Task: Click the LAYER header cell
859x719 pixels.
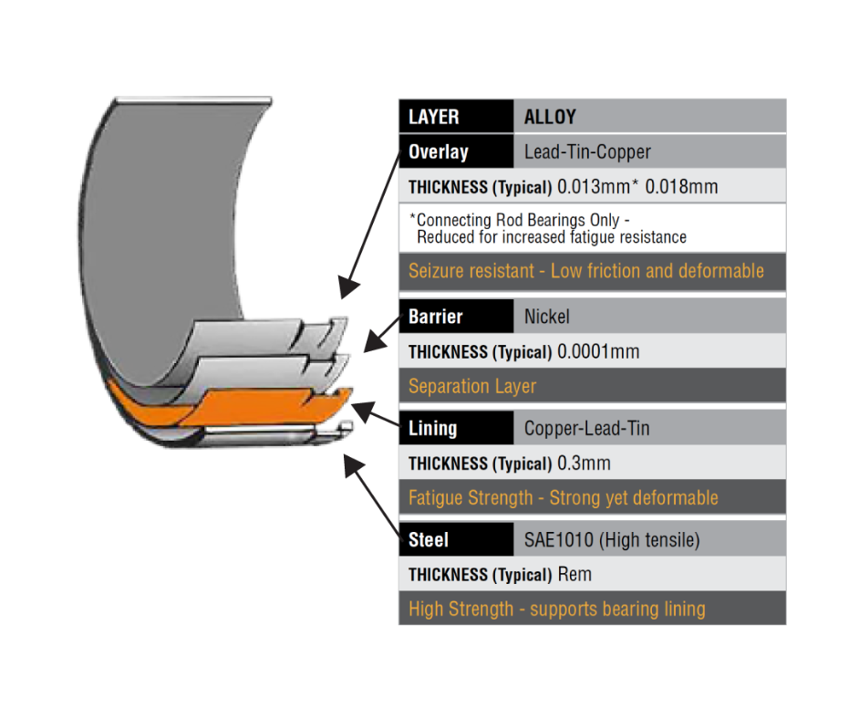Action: (x=455, y=117)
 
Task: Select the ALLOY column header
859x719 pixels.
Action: (x=550, y=117)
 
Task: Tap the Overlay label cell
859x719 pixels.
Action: (x=455, y=152)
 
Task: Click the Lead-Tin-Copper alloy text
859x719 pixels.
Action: (x=587, y=152)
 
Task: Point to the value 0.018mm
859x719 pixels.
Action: (x=681, y=188)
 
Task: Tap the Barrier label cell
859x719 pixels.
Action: (x=455, y=317)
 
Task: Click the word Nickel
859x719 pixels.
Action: (x=547, y=317)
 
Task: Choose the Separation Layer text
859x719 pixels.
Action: (x=472, y=386)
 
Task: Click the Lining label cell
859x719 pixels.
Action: (x=455, y=428)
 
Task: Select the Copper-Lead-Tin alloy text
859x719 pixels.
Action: (x=587, y=428)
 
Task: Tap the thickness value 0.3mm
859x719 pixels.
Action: (x=585, y=464)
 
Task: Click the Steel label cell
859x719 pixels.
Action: (x=455, y=540)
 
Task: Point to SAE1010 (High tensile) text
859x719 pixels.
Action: (x=612, y=540)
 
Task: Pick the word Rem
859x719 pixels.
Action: (x=574, y=575)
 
